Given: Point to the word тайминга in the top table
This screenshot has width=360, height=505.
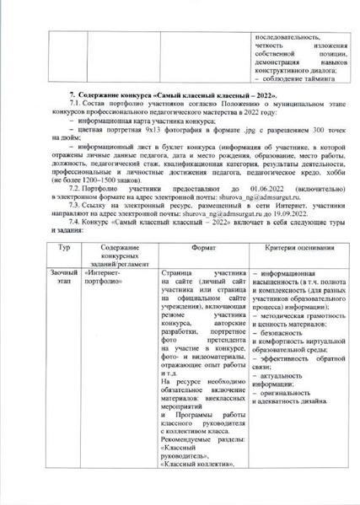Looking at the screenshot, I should point(307,91).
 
